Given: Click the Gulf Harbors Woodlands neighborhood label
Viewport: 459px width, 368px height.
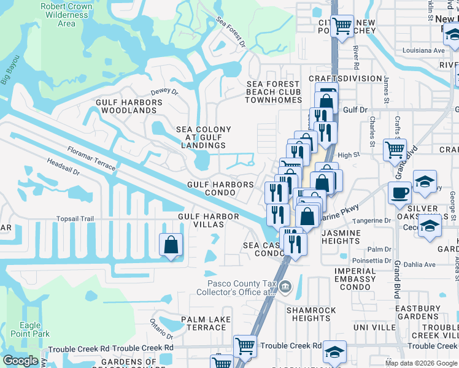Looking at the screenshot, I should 126,106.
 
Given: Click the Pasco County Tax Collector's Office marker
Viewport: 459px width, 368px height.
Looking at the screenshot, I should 285,286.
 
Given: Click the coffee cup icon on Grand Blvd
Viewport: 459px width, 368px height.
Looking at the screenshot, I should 399,193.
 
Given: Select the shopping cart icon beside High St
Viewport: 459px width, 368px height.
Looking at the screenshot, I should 395,149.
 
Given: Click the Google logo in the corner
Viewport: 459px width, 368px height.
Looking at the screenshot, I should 21,360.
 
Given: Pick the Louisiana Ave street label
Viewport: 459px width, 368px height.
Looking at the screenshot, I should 423,50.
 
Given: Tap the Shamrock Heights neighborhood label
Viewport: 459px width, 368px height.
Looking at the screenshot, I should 312,314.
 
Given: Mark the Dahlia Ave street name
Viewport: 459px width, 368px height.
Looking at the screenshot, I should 422,265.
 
